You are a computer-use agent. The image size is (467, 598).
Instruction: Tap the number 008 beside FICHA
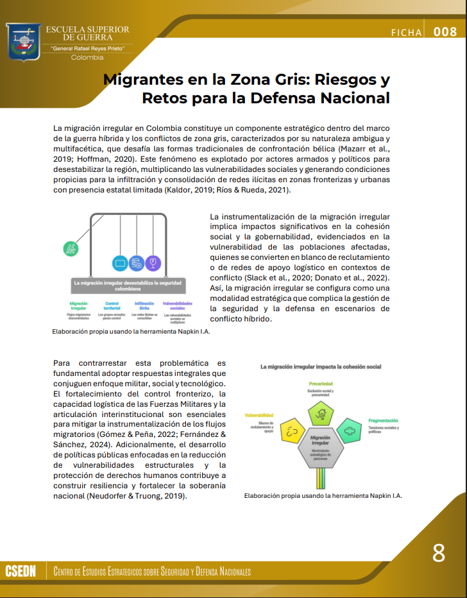coord(445,32)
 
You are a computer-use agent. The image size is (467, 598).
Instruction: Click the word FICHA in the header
coord(406,33)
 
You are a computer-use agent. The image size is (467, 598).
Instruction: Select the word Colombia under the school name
coord(87,58)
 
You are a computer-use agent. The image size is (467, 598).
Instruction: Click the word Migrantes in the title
coord(140,80)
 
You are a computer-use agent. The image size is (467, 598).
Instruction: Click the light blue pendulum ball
coord(119,262)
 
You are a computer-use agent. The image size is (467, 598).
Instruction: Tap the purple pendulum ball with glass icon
coord(152,262)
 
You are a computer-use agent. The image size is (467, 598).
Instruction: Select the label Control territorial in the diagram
coord(112,306)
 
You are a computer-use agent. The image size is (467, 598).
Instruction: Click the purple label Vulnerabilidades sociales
coord(178,306)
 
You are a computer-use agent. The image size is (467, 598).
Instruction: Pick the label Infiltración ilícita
coord(144,306)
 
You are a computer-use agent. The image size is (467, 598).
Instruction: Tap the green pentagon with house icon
coord(321,414)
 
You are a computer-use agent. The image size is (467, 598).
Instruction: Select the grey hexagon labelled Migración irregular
coord(320,447)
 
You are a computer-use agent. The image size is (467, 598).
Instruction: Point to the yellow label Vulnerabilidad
coord(259,416)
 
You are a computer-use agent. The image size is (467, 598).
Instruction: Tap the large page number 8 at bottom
coord(439,552)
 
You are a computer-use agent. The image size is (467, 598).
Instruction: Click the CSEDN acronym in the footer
coord(21,571)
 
